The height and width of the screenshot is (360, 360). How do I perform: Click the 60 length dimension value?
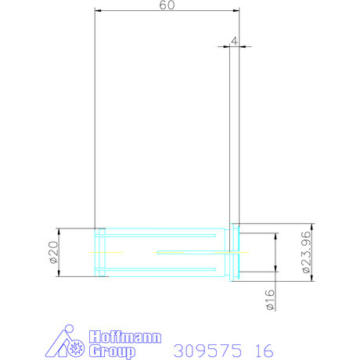[167, 5]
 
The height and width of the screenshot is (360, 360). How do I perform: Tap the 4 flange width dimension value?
[234, 39]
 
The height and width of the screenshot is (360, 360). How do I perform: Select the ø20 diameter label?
[52, 252]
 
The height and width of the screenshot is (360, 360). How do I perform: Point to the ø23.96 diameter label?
[307, 252]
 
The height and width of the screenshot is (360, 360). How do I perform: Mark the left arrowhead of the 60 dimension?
[98, 11]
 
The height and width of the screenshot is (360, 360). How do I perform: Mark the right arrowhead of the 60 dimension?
[236, 11]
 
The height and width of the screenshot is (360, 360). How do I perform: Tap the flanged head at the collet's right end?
[234, 252]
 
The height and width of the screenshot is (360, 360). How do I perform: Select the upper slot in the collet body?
[160, 235]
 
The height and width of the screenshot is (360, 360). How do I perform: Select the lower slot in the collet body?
[160, 269]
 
